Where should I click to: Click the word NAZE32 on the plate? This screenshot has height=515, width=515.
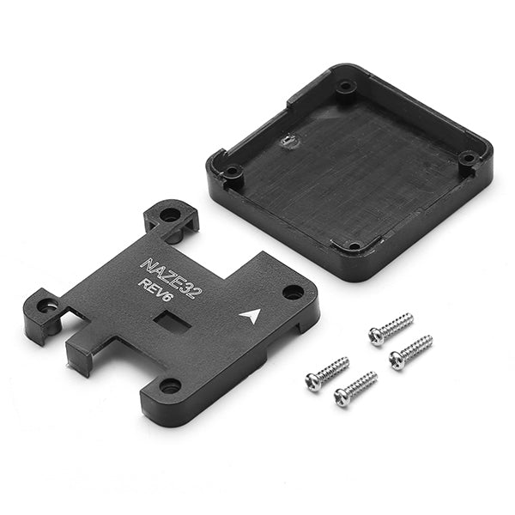click(x=171, y=278)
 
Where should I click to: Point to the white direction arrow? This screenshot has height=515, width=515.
click(x=251, y=316)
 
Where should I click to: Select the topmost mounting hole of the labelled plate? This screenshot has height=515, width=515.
click(x=170, y=215)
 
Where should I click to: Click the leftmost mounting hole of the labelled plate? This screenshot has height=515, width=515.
click(x=45, y=306)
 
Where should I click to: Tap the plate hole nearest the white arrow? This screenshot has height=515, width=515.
click(x=293, y=292)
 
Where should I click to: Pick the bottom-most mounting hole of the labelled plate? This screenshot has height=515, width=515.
click(x=171, y=385)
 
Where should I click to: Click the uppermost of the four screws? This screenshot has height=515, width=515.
click(x=391, y=329)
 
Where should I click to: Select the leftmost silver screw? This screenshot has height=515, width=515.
click(x=327, y=373)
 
